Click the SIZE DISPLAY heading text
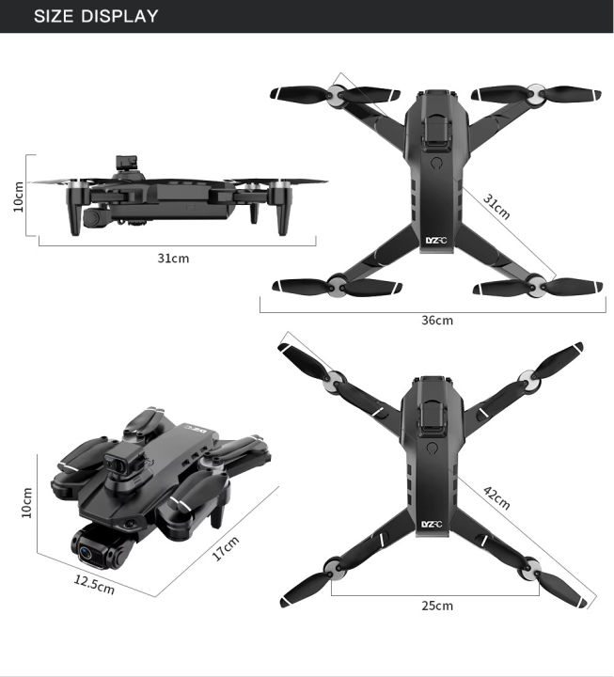(x=96, y=16)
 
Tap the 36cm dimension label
(x=436, y=321)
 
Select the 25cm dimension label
(x=436, y=606)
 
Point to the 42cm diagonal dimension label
(x=496, y=497)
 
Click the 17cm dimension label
(x=226, y=547)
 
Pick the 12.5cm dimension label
(x=94, y=584)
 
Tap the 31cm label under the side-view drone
(x=173, y=258)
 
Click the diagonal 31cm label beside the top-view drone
(x=496, y=206)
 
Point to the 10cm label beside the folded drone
(x=26, y=503)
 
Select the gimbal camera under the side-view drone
(x=92, y=217)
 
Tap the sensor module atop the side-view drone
(x=127, y=165)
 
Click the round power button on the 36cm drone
(x=435, y=162)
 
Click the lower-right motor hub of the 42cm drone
(x=533, y=568)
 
